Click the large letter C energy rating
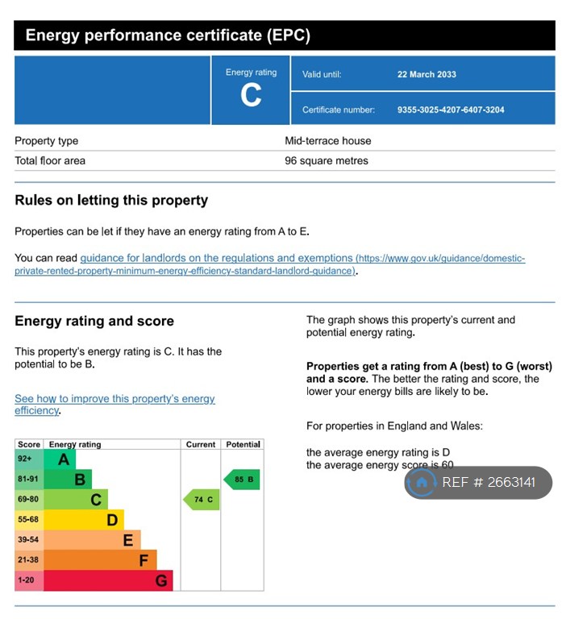click(251, 96)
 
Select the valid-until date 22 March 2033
click(427, 74)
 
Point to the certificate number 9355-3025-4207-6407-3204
click(451, 110)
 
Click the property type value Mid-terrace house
click(328, 141)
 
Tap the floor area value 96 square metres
click(327, 161)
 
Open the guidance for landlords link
click(216, 259)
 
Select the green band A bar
click(60, 459)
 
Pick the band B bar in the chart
click(69, 480)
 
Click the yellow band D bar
click(85, 520)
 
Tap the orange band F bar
click(101, 560)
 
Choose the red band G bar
click(108, 580)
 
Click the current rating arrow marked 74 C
click(202, 500)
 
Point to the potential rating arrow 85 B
click(242, 480)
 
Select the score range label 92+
click(25, 459)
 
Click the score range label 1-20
click(27, 580)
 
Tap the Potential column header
click(243, 444)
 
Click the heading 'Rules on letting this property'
click(111, 201)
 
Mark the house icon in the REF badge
click(421, 483)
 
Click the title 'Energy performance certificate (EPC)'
click(168, 35)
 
